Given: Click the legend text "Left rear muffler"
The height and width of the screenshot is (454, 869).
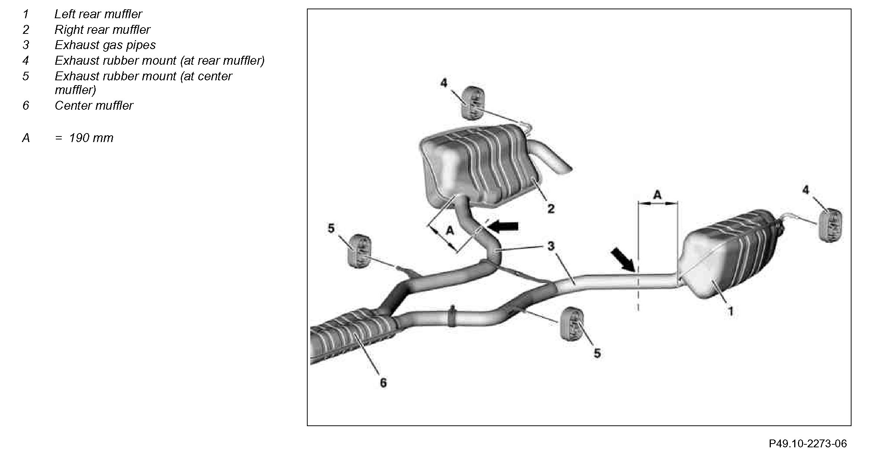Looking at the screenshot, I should point(98,14).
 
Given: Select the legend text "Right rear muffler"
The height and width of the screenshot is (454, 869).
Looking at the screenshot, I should point(102,30).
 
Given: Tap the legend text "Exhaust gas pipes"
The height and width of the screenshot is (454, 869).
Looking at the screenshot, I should point(105,45).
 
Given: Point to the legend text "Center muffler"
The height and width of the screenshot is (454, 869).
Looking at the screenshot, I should point(94,106).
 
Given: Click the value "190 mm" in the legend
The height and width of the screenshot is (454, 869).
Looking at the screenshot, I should point(91,138).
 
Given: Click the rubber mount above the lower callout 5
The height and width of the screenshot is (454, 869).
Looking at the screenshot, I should point(572,324).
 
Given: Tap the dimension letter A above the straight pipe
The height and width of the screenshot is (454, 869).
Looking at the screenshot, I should point(657,195).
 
